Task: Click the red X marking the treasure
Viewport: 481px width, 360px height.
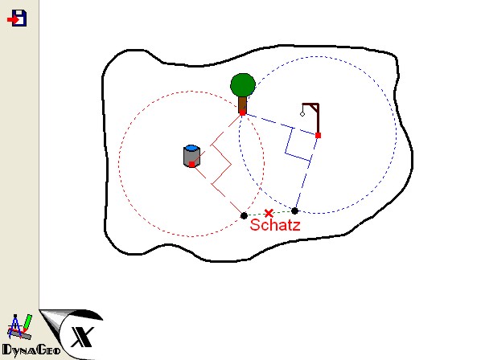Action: click(269, 213)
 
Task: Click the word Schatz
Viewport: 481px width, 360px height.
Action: click(275, 225)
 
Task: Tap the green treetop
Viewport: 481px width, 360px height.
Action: click(243, 85)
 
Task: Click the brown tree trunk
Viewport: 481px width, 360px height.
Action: click(243, 104)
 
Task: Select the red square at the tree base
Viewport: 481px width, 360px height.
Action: click(242, 112)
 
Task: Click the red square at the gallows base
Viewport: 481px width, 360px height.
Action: click(318, 135)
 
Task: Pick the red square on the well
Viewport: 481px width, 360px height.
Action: click(191, 164)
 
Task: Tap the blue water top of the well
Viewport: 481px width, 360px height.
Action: click(191, 149)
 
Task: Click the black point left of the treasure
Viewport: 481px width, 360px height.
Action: click(244, 215)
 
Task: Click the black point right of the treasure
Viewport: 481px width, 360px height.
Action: click(294, 211)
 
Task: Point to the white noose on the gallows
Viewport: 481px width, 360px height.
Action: click(302, 114)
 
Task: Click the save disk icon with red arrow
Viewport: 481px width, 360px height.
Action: click(17, 18)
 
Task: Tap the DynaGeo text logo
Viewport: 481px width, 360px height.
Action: click(31, 350)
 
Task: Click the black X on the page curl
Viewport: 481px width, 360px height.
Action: click(82, 337)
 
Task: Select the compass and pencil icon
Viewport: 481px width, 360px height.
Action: click(19, 326)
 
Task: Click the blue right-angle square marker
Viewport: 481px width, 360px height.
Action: click(297, 144)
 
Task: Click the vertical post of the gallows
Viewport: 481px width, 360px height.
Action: click(318, 119)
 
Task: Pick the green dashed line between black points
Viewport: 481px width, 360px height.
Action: click(269, 213)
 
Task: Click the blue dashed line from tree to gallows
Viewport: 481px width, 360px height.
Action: click(280, 124)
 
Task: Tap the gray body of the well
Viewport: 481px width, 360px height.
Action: click(191, 157)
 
